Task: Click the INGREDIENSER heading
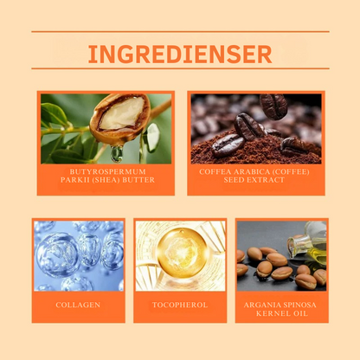(180, 54)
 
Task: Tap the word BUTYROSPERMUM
(107, 171)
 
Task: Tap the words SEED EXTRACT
(254, 180)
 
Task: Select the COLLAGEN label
(78, 305)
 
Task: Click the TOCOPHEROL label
(180, 305)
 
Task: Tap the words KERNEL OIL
(282, 313)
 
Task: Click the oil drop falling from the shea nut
(117, 153)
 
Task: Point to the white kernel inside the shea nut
(121, 113)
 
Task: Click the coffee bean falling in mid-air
(273, 106)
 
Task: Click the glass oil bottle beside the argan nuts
(307, 242)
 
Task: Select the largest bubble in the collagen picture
(57, 254)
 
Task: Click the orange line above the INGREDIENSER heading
(180, 31)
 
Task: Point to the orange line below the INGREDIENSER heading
(180, 68)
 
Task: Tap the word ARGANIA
(262, 305)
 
